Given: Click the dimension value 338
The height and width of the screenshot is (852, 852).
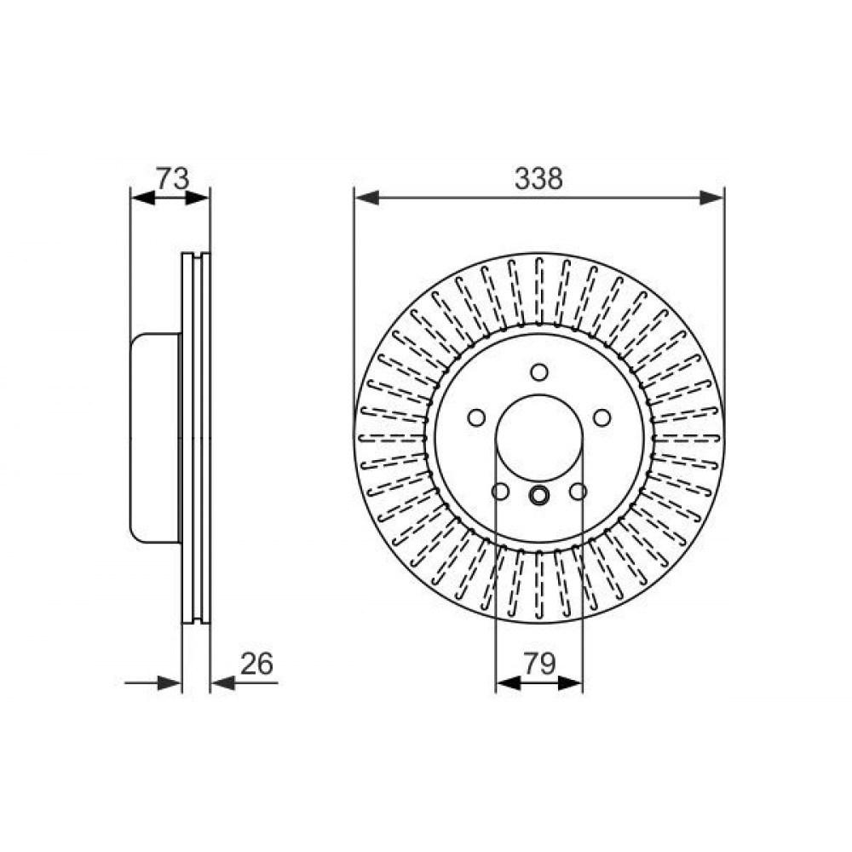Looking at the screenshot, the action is (538, 178).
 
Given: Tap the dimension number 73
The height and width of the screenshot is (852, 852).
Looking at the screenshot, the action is (172, 178).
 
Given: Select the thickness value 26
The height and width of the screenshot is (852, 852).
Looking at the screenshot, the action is (256, 664).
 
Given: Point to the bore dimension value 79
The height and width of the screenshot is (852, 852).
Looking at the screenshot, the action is (539, 664).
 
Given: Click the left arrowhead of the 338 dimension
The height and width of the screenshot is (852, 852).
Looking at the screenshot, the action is (366, 198).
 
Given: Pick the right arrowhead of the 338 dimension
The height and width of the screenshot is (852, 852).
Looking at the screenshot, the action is (711, 198).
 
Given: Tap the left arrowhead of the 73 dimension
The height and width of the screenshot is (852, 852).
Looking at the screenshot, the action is (143, 199).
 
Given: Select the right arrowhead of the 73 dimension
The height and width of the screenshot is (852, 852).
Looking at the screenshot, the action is (198, 199).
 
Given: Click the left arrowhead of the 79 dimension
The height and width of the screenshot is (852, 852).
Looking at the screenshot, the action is (509, 683).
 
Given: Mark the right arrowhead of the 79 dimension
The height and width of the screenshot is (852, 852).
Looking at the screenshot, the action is (571, 683).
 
